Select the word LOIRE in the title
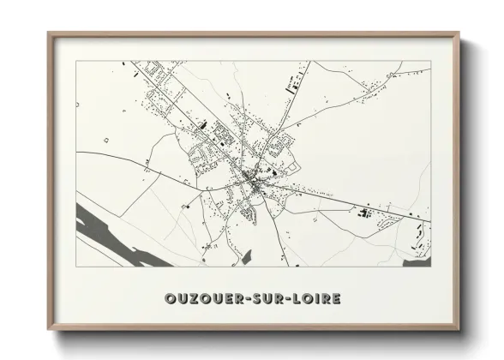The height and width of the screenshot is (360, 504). coord(316,299)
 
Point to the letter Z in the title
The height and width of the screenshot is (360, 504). coord(189,299)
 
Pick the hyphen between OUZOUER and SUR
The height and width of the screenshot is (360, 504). coord(248,299)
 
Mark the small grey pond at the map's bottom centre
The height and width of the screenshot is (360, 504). coord(246,256)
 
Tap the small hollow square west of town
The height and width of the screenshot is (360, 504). coord(106,139)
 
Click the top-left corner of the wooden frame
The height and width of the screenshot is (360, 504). coord(49,33)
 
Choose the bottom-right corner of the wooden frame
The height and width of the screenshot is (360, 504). coord(459,330)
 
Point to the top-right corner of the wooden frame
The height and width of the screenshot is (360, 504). coord(459,33)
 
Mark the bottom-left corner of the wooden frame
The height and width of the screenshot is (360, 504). coord(49,330)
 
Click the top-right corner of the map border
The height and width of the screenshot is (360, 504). coord(429,61)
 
